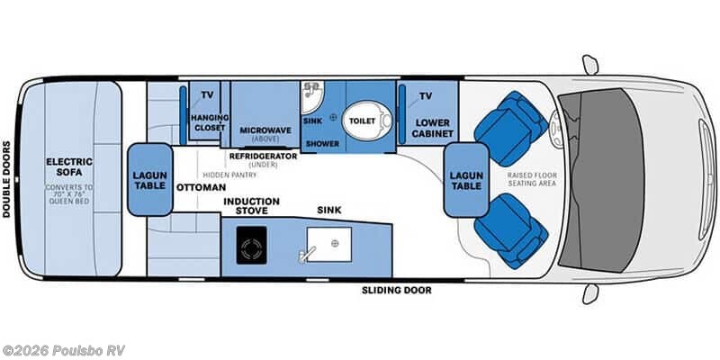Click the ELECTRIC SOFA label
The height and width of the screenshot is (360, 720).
(x=69, y=166)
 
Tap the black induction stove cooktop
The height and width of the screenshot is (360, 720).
(x=251, y=245)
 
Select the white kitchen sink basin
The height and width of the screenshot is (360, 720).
(x=328, y=244)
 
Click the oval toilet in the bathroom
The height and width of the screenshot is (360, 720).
(x=367, y=121)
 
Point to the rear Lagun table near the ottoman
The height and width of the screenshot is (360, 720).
(x=150, y=179)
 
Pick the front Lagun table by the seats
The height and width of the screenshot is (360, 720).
(x=466, y=179)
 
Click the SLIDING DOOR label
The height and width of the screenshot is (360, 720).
(x=396, y=290)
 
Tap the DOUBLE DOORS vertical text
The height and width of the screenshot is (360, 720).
(x=6, y=179)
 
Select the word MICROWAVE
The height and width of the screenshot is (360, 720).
(x=265, y=130)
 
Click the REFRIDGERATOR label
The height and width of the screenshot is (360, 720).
(x=263, y=156)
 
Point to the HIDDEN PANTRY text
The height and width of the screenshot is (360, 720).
(x=229, y=175)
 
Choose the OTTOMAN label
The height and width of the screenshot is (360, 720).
(x=201, y=187)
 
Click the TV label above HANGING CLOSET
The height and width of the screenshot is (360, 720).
(x=207, y=95)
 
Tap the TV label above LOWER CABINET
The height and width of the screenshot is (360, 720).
(x=425, y=96)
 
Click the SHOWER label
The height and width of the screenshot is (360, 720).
(x=323, y=144)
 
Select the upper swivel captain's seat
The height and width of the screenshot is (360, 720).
(x=510, y=128)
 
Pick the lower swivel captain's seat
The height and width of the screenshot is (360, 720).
(x=510, y=231)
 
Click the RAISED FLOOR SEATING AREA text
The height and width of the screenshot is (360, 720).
(x=532, y=179)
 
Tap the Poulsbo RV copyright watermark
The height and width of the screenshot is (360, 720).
(x=63, y=350)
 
